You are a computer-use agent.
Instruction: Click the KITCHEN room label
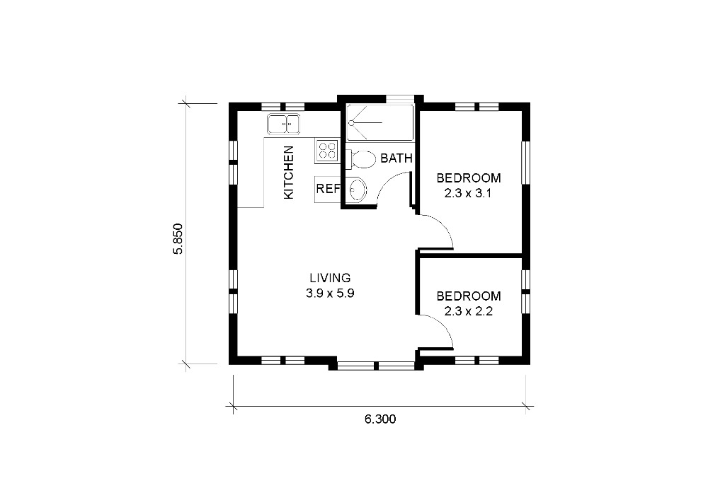click(289, 173)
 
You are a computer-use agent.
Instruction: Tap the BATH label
click(396, 158)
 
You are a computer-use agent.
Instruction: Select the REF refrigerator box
click(327, 190)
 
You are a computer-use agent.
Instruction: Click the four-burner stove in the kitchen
click(327, 151)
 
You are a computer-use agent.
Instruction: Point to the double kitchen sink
click(284, 124)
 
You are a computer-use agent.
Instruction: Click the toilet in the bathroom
click(361, 159)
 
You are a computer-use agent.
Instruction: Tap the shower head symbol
click(351, 122)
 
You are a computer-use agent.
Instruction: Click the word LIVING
click(330, 278)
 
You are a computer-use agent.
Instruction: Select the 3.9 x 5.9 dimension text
click(330, 293)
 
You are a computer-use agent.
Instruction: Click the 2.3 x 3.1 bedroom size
click(468, 193)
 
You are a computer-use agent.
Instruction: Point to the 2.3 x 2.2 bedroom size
click(468, 312)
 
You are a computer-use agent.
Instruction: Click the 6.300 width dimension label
click(380, 419)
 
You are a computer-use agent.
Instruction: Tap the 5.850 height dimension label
click(178, 238)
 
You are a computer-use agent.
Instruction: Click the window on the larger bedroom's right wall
click(525, 163)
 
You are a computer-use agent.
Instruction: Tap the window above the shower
click(399, 99)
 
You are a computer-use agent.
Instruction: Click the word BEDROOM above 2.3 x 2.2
click(469, 296)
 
